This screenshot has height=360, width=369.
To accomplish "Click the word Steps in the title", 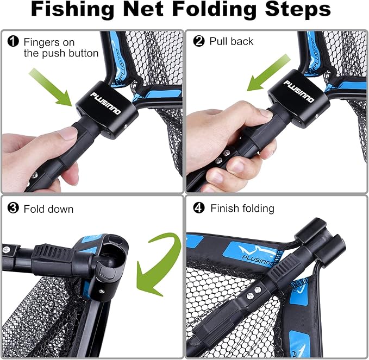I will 298,11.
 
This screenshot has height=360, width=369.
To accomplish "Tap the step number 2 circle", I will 199,41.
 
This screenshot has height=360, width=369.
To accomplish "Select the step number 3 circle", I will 13,209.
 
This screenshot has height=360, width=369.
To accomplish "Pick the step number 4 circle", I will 199,209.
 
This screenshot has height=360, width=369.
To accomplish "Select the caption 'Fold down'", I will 48,209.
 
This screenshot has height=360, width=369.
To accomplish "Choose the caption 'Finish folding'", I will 242,209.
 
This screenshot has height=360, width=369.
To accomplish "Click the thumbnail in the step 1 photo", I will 68,134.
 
